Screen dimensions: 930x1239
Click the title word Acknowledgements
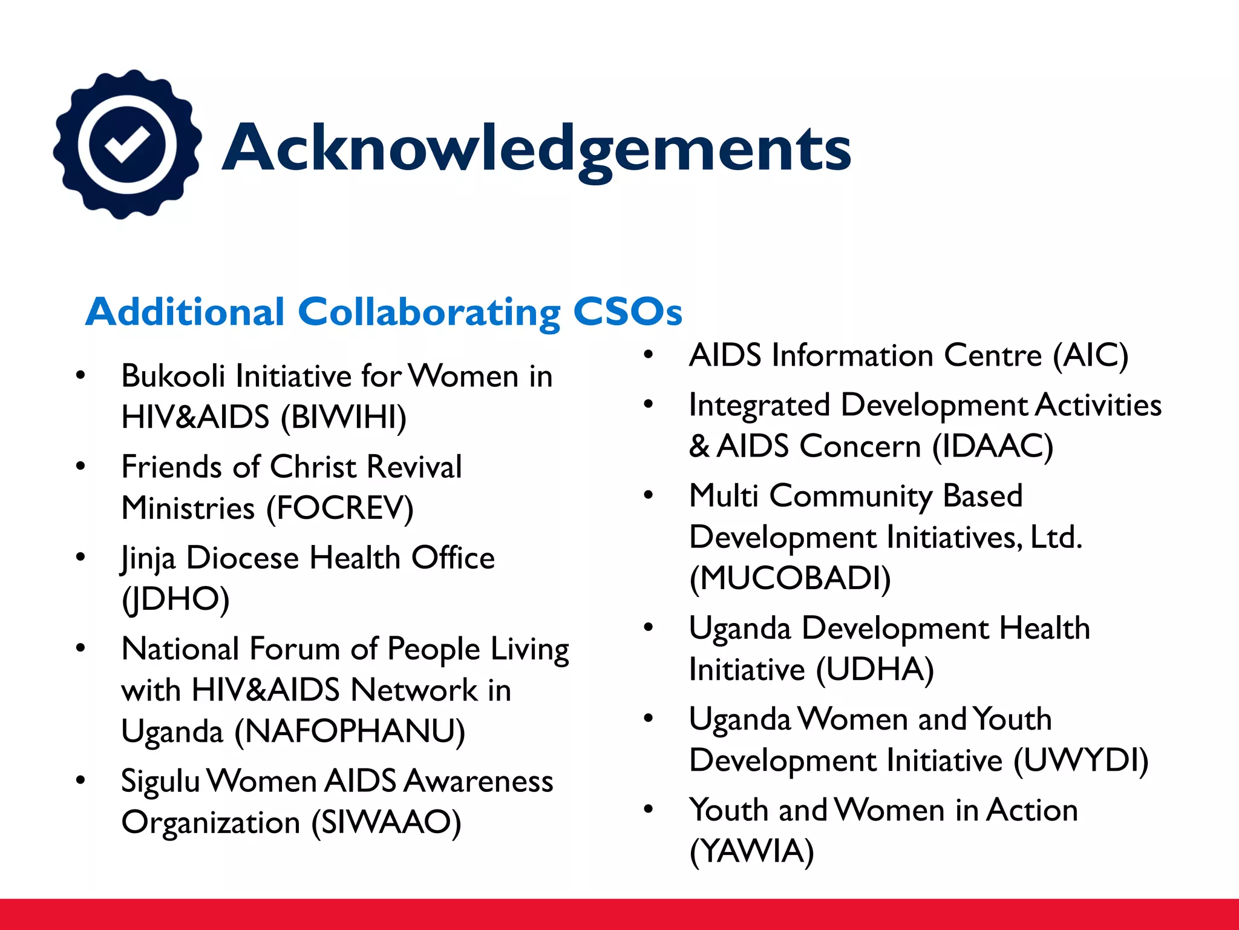click(x=537, y=148)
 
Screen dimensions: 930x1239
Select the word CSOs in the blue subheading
click(x=627, y=312)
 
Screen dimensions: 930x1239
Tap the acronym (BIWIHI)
click(x=344, y=418)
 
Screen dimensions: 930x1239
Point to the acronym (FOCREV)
click(x=341, y=509)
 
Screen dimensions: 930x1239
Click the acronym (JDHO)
click(x=175, y=599)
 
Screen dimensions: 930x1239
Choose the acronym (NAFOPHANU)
click(x=350, y=731)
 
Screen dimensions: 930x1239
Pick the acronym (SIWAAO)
click(x=386, y=822)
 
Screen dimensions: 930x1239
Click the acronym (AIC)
click(x=1091, y=355)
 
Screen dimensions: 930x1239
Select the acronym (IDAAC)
click(x=993, y=447)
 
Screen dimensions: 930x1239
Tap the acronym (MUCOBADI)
click(x=790, y=579)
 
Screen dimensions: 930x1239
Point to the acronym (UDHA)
click(x=875, y=670)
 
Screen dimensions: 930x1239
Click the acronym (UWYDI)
click(x=1081, y=760)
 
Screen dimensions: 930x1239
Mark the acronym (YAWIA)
click(x=752, y=851)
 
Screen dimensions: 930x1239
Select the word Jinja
click(x=148, y=558)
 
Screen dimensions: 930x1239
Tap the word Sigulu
click(x=160, y=781)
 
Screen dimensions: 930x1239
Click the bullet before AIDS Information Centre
click(x=649, y=355)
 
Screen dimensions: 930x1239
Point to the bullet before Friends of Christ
click(x=80, y=467)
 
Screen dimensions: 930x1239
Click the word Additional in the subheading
click(x=185, y=312)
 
